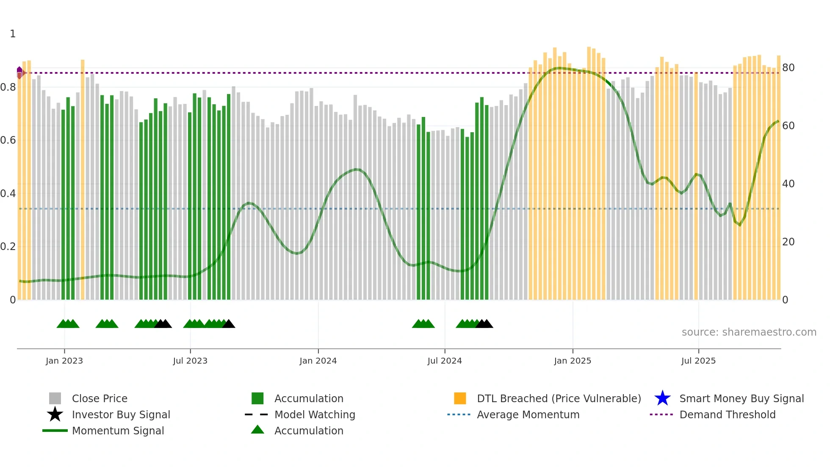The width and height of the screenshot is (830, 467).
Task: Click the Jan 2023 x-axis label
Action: pos(64,361)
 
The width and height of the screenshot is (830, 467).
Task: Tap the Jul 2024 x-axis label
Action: pos(445,361)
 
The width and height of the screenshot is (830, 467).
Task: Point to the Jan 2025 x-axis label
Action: pos(573,361)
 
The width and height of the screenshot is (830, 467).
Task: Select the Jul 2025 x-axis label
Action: pos(698,361)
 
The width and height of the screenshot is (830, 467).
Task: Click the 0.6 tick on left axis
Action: pos(8,140)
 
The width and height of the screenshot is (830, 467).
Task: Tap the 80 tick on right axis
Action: pos(788,68)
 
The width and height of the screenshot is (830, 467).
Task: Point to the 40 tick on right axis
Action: pos(788,184)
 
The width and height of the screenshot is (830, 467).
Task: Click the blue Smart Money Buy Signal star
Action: pos(662,398)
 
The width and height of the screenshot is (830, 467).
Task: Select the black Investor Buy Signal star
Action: pos(55,414)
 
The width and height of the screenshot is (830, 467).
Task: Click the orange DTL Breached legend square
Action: pos(460,398)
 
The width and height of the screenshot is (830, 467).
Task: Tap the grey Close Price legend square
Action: pos(55,398)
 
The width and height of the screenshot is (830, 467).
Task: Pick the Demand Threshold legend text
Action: pos(727,414)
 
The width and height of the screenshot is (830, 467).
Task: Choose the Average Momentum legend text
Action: pos(528,414)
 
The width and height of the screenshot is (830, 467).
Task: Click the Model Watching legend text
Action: pos(315,414)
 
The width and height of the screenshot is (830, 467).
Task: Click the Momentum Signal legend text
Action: pos(118,431)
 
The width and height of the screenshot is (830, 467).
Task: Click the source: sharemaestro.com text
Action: pos(749,332)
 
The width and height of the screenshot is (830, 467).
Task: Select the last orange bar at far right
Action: pos(778,178)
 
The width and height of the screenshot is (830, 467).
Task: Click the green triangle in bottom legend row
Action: pos(257,430)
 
